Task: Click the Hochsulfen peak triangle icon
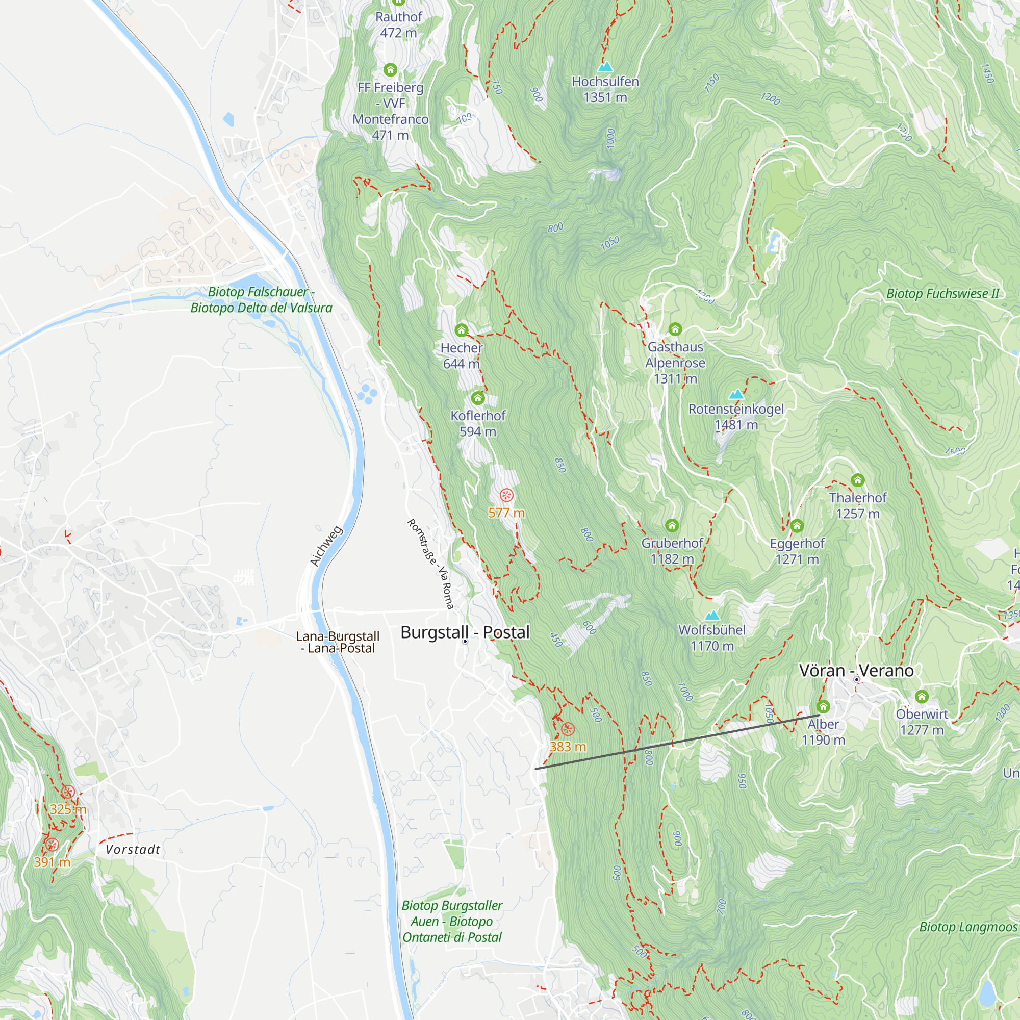pos(605,66)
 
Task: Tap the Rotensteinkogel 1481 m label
pos(736,417)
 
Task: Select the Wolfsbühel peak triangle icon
pos(712,615)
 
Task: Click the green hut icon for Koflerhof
pos(478,398)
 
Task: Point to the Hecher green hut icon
pos(462,330)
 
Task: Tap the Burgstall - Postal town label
pos(465,632)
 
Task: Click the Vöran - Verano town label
pos(856,671)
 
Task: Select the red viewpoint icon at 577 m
pos(506,495)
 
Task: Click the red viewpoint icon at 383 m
pos(568,729)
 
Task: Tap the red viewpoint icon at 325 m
pos(68,792)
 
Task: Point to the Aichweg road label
pos(326,546)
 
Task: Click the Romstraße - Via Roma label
pos(431,564)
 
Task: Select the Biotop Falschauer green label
pos(261,299)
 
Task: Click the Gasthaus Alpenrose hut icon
pos(675,329)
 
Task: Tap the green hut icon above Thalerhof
pos(857,480)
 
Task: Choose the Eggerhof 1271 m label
pos(797,551)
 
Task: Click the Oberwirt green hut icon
pos(921,696)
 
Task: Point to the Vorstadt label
pos(133,850)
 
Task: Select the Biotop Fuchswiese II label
pos(942,294)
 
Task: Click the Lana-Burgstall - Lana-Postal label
pos(338,642)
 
